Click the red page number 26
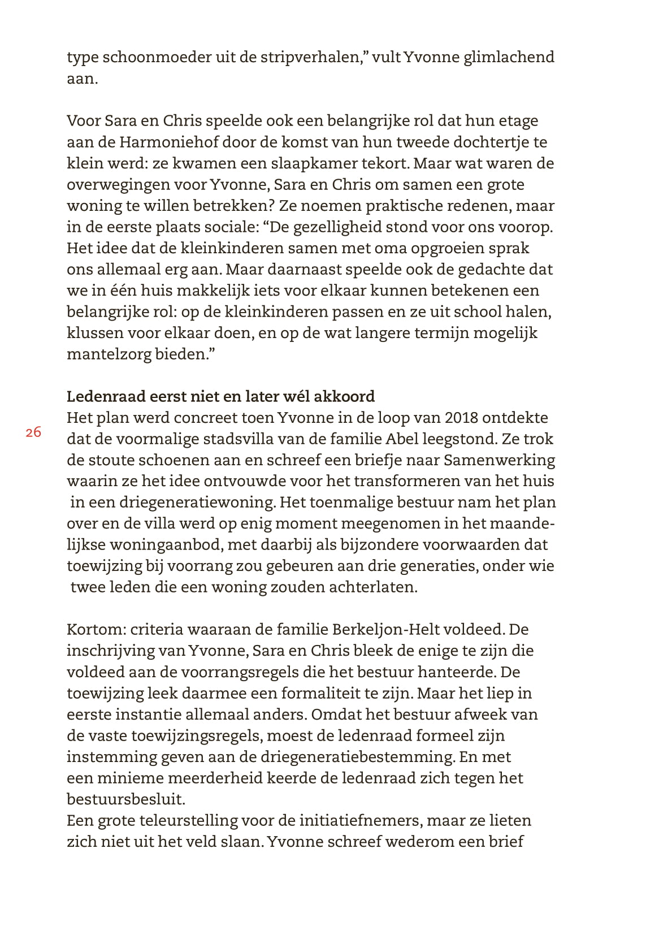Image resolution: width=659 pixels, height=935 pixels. point(33,432)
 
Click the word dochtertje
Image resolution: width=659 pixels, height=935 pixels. point(491,142)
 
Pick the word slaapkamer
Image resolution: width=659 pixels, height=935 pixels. point(311,163)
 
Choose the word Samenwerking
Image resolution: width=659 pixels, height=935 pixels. point(499,460)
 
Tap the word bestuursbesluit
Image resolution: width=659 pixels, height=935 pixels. point(125,799)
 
